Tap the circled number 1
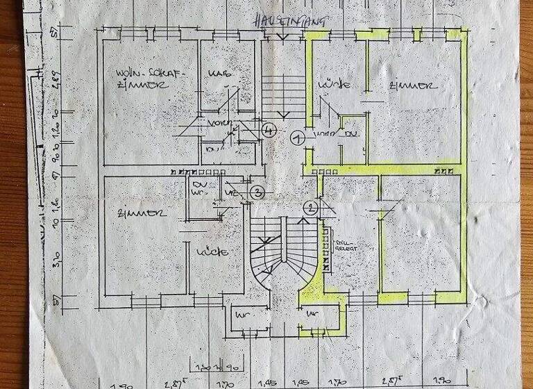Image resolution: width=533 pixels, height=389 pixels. click(x=298, y=138)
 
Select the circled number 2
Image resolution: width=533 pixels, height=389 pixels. click(x=310, y=206)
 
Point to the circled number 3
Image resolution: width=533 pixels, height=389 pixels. click(x=257, y=192)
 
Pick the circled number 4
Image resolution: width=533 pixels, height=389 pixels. click(x=270, y=129)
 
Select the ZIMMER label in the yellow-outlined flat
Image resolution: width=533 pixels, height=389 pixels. click(x=414, y=87)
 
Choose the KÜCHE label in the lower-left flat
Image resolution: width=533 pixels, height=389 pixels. click(x=212, y=251)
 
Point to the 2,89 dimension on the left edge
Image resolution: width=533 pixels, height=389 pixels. click(x=60, y=81)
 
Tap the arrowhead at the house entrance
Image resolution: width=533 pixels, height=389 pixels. click(x=282, y=37)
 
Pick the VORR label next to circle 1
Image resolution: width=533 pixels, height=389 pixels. click(x=321, y=133)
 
